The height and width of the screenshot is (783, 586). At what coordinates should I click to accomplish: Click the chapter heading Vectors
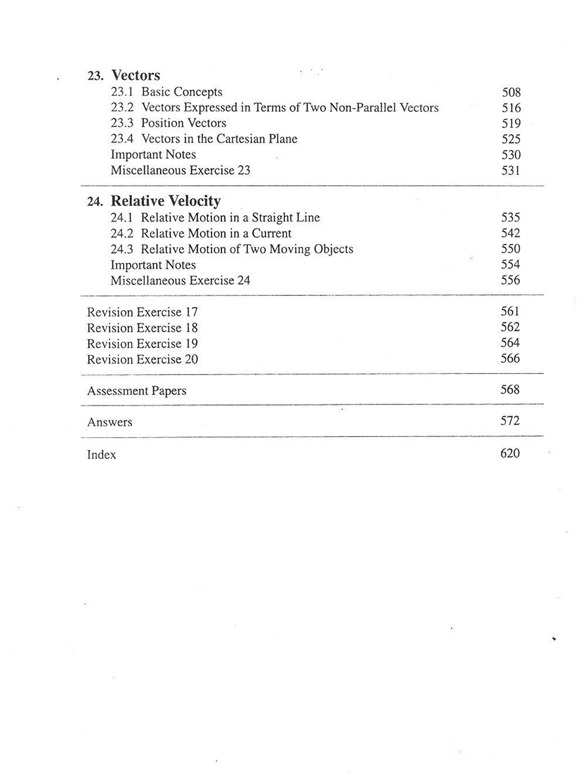[135, 76]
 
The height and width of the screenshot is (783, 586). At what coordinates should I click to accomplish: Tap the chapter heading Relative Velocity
[166, 201]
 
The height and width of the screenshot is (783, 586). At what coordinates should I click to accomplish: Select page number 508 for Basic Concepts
[511, 93]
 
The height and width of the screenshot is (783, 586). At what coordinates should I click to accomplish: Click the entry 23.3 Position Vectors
[168, 123]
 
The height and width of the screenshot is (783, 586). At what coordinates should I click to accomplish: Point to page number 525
[511, 139]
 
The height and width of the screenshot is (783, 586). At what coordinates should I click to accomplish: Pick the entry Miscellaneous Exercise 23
[180, 171]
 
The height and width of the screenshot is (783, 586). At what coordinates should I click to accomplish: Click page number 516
[511, 108]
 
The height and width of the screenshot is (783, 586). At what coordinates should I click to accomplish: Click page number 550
[510, 249]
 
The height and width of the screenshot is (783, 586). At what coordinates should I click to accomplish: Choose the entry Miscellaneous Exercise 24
[180, 281]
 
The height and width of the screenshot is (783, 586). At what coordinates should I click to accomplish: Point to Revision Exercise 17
[142, 312]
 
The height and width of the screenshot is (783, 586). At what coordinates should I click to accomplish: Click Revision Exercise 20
[142, 360]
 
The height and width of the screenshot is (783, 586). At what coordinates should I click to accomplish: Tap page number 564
[510, 343]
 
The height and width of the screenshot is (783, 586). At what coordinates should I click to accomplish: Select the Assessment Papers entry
[137, 391]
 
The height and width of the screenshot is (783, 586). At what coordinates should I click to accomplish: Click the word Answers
[110, 423]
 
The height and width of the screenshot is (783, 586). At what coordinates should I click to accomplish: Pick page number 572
[510, 421]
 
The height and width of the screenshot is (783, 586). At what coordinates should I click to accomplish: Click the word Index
[101, 455]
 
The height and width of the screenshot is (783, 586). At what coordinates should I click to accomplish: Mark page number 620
[510, 453]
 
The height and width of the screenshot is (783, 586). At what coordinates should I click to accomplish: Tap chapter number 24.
[95, 202]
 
